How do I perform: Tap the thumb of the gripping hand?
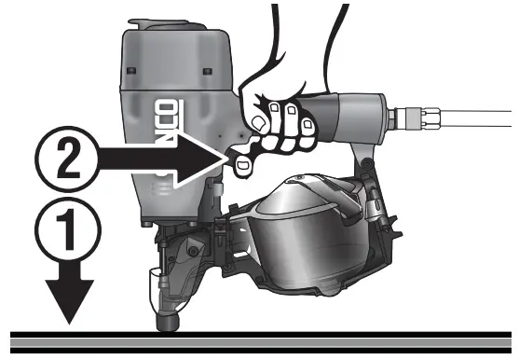point(256,103)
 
